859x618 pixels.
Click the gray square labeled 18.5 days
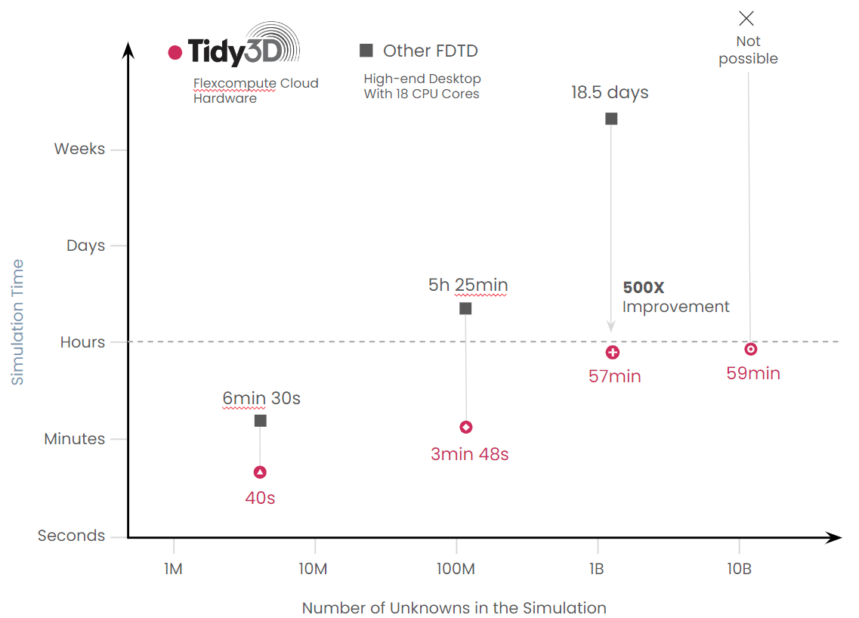[611, 119]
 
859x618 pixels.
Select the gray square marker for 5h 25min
[465, 308]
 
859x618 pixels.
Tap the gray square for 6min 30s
[261, 420]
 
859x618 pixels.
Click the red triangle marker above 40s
[260, 472]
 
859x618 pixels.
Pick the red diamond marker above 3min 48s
[466, 428]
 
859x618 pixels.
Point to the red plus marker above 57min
[613, 352]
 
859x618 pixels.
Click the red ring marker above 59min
[750, 349]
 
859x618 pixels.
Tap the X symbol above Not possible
[746, 19]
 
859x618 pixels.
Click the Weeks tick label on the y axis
[79, 149]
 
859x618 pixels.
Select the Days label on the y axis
[85, 246]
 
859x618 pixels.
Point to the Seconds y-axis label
[72, 536]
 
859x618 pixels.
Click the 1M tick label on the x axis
[173, 569]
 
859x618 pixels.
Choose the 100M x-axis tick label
[456, 569]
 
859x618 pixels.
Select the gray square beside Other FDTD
[366, 51]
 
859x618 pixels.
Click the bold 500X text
[643, 288]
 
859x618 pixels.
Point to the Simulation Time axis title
[17, 322]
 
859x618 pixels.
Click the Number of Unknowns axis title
[454, 608]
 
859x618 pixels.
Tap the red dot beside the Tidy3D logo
[175, 52]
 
